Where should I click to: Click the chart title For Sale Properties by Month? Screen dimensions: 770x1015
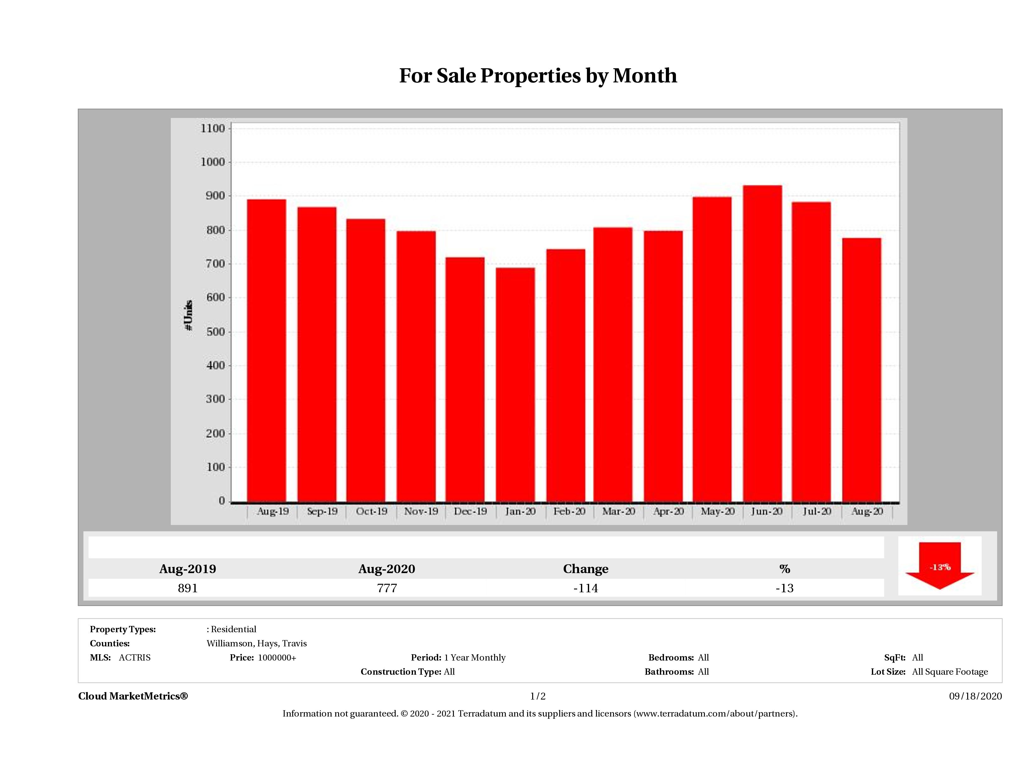tap(538, 76)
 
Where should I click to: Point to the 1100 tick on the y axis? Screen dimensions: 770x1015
tap(213, 128)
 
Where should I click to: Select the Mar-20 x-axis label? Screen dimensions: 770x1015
tap(619, 511)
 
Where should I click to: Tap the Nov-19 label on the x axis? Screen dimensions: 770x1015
tap(421, 511)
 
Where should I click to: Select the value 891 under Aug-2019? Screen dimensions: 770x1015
tap(188, 588)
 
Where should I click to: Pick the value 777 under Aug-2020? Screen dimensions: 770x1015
tap(387, 588)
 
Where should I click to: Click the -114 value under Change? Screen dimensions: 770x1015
tap(586, 588)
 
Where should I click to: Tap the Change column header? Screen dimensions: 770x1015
tap(586, 569)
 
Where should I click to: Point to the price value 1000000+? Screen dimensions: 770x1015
tap(277, 658)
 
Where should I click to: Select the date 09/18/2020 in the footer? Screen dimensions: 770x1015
tap(975, 696)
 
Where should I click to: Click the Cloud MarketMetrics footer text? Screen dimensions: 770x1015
tap(133, 696)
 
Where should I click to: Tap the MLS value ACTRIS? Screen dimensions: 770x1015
tap(134, 658)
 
